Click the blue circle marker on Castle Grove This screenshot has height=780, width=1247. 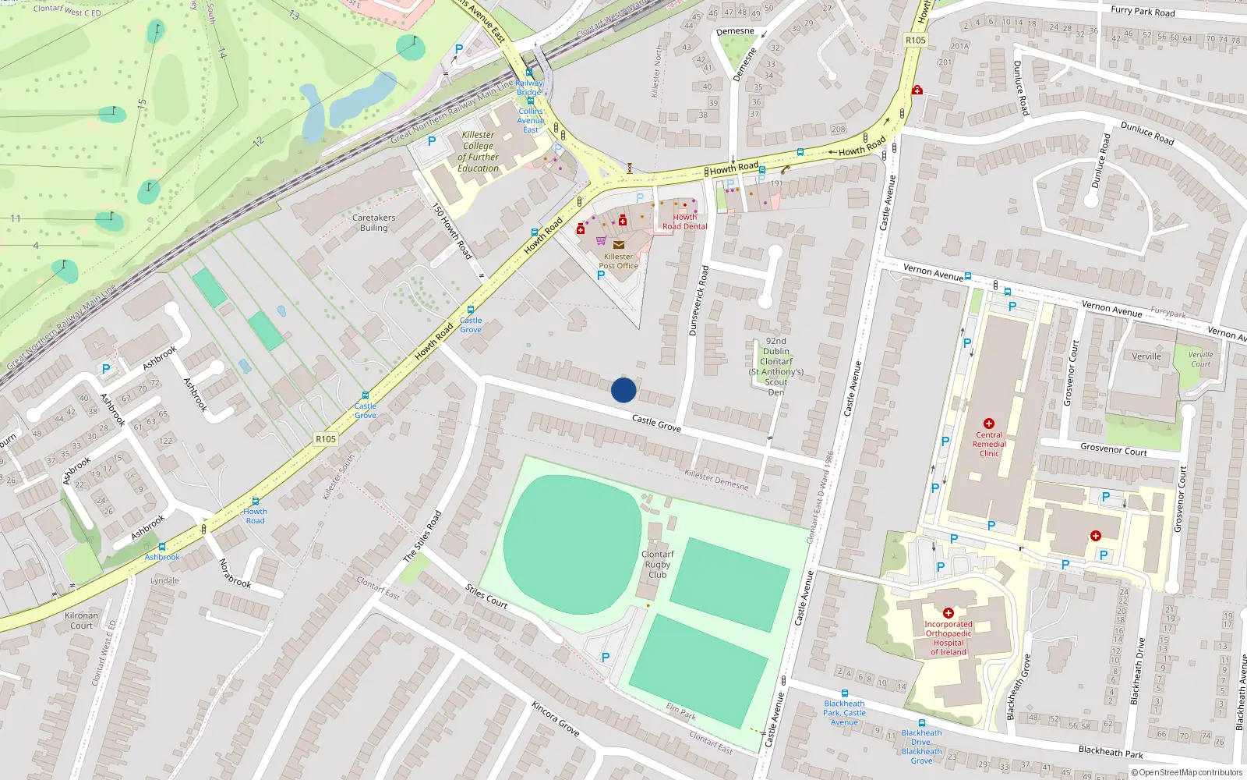click(x=623, y=390)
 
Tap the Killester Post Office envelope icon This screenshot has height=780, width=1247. click(x=619, y=245)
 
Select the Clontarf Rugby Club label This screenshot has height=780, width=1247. click(x=658, y=564)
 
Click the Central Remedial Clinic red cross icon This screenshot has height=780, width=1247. click(x=989, y=424)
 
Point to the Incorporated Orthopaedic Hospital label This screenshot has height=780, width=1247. click(x=948, y=638)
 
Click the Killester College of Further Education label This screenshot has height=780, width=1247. click(x=478, y=151)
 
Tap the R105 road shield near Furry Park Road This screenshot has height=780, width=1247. click(x=916, y=40)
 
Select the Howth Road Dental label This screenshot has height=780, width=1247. click(x=685, y=222)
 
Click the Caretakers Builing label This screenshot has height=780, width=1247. click(x=373, y=223)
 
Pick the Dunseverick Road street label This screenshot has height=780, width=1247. click(x=698, y=300)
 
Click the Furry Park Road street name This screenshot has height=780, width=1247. click(x=1143, y=11)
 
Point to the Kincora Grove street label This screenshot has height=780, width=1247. click(x=556, y=718)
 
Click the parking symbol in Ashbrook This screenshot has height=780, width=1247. click(x=106, y=369)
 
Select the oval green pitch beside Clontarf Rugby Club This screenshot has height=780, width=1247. click(x=572, y=544)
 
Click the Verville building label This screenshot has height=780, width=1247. click(x=1146, y=356)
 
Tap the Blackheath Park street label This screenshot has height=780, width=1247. click(x=1111, y=752)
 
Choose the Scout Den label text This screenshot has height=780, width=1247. click(x=775, y=387)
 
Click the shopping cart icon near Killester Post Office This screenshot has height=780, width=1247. click(x=601, y=240)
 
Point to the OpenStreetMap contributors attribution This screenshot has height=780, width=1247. click(x=1186, y=772)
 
